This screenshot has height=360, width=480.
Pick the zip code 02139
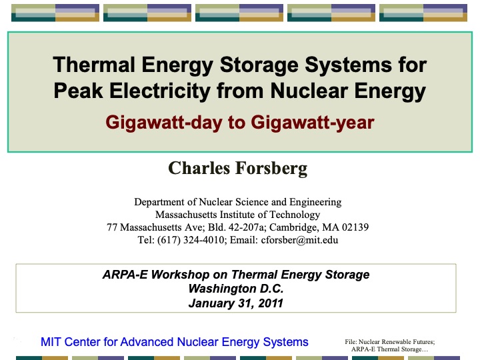(354, 227)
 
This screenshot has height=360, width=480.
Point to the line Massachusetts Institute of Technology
(237, 215)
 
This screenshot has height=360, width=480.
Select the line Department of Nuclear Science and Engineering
(237, 202)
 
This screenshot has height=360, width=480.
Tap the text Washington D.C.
(236, 289)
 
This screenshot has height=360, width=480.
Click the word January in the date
(211, 303)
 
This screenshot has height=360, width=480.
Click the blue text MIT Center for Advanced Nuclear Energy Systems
(175, 342)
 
